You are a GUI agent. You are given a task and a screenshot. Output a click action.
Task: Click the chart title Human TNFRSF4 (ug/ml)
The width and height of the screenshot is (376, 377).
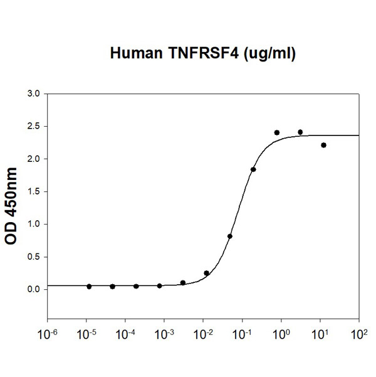(202, 55)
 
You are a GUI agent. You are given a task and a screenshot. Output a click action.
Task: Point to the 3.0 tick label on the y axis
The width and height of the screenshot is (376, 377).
(33, 94)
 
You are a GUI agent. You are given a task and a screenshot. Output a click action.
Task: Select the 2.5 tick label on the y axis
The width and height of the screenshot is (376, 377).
(33, 127)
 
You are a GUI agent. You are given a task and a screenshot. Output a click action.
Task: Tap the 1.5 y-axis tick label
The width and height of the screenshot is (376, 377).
(33, 192)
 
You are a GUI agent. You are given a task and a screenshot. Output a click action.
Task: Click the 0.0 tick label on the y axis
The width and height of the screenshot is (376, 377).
(33, 289)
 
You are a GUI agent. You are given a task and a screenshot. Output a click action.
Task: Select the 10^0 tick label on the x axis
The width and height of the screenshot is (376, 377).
(281, 332)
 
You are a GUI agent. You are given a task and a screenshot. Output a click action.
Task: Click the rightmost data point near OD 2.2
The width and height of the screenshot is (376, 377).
(323, 145)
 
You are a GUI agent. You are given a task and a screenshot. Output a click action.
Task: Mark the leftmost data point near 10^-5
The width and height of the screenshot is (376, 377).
(89, 286)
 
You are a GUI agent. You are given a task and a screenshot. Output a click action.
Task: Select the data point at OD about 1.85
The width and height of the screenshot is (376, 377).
(253, 169)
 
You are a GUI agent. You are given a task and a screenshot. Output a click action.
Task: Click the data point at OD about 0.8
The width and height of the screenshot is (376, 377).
(230, 236)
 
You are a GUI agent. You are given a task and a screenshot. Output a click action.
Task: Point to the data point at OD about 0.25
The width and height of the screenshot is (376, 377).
(207, 273)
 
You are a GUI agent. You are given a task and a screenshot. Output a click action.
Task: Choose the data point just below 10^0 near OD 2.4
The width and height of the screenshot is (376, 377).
(276, 132)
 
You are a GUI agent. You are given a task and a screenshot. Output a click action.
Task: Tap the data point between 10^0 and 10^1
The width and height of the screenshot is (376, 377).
(300, 132)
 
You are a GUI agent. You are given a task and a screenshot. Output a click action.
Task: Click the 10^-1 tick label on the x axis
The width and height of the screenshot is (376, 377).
(242, 332)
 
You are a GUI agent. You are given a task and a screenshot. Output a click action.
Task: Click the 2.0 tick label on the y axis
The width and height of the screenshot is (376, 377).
(33, 159)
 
